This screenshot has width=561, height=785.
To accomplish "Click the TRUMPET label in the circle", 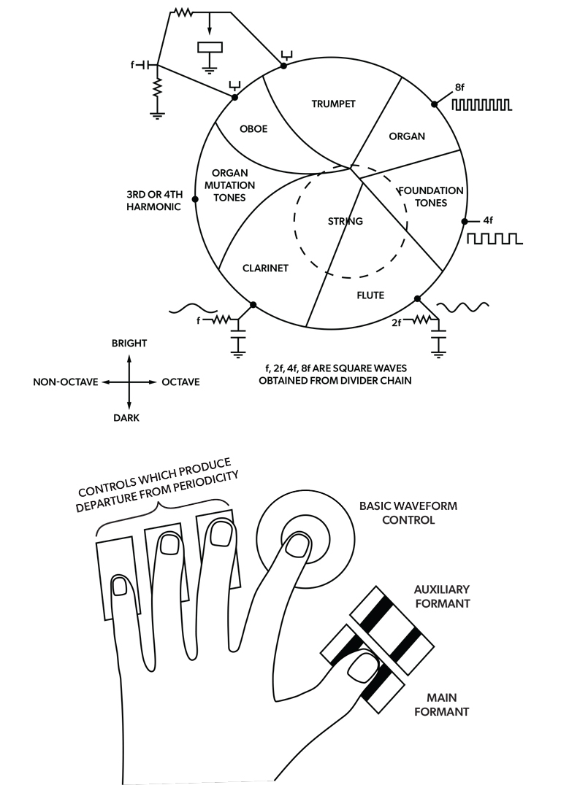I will coord(333,104).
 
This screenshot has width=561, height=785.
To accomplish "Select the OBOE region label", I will coord(253,129).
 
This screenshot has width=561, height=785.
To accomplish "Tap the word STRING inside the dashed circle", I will coord(346,220).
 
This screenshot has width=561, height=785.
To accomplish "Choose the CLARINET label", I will coord(265,268).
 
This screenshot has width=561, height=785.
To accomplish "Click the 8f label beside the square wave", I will coord(459,88).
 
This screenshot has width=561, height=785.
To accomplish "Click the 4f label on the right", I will coord(489,220).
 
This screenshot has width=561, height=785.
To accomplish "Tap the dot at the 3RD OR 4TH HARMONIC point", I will coord(195,199).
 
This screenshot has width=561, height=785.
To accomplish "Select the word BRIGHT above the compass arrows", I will coord(129,343).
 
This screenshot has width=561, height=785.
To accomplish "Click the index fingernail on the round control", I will coord(297,544).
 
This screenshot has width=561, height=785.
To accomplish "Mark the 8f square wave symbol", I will coord(481,106).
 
